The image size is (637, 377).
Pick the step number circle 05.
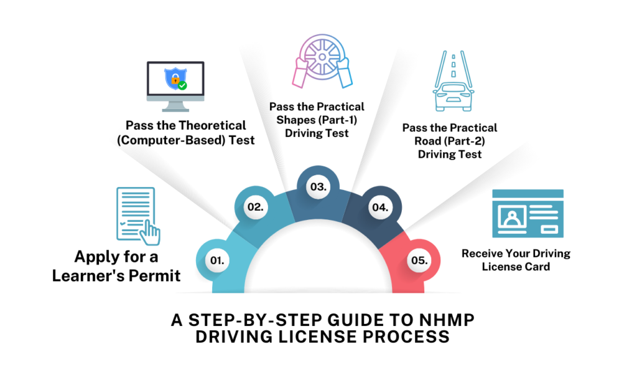click(421, 260)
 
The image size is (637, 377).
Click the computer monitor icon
click(175, 82)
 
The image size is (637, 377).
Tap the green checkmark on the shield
click(182, 85)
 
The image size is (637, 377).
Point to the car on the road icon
click(453, 95)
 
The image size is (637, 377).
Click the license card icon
click(518, 214)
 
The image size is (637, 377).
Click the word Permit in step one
click(152, 274)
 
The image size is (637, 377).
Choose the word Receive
click(483, 254)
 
